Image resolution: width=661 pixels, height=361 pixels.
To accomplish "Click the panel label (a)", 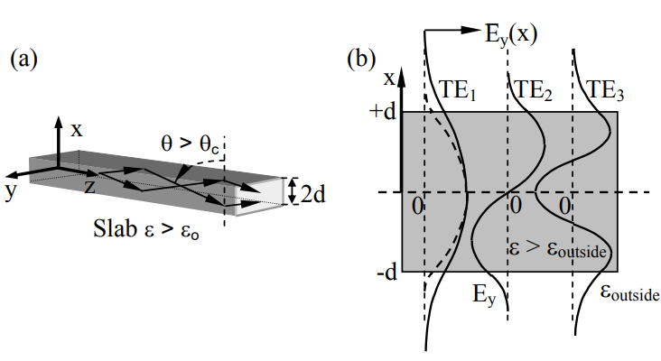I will [x=23, y=60].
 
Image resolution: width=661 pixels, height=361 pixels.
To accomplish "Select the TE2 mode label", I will [x=532, y=90].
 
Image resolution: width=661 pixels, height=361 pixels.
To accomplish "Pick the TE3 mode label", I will [x=606, y=90].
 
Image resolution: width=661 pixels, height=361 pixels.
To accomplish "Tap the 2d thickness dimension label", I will [x=313, y=191].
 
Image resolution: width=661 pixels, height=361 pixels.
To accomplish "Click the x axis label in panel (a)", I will [x=77, y=130].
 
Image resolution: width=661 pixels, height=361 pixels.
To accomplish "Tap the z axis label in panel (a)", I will [x=89, y=187].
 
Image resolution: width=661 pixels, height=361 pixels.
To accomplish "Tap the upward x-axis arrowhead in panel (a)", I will [x=58, y=123].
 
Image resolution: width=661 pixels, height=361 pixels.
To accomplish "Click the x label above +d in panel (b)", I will [x=389, y=78].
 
